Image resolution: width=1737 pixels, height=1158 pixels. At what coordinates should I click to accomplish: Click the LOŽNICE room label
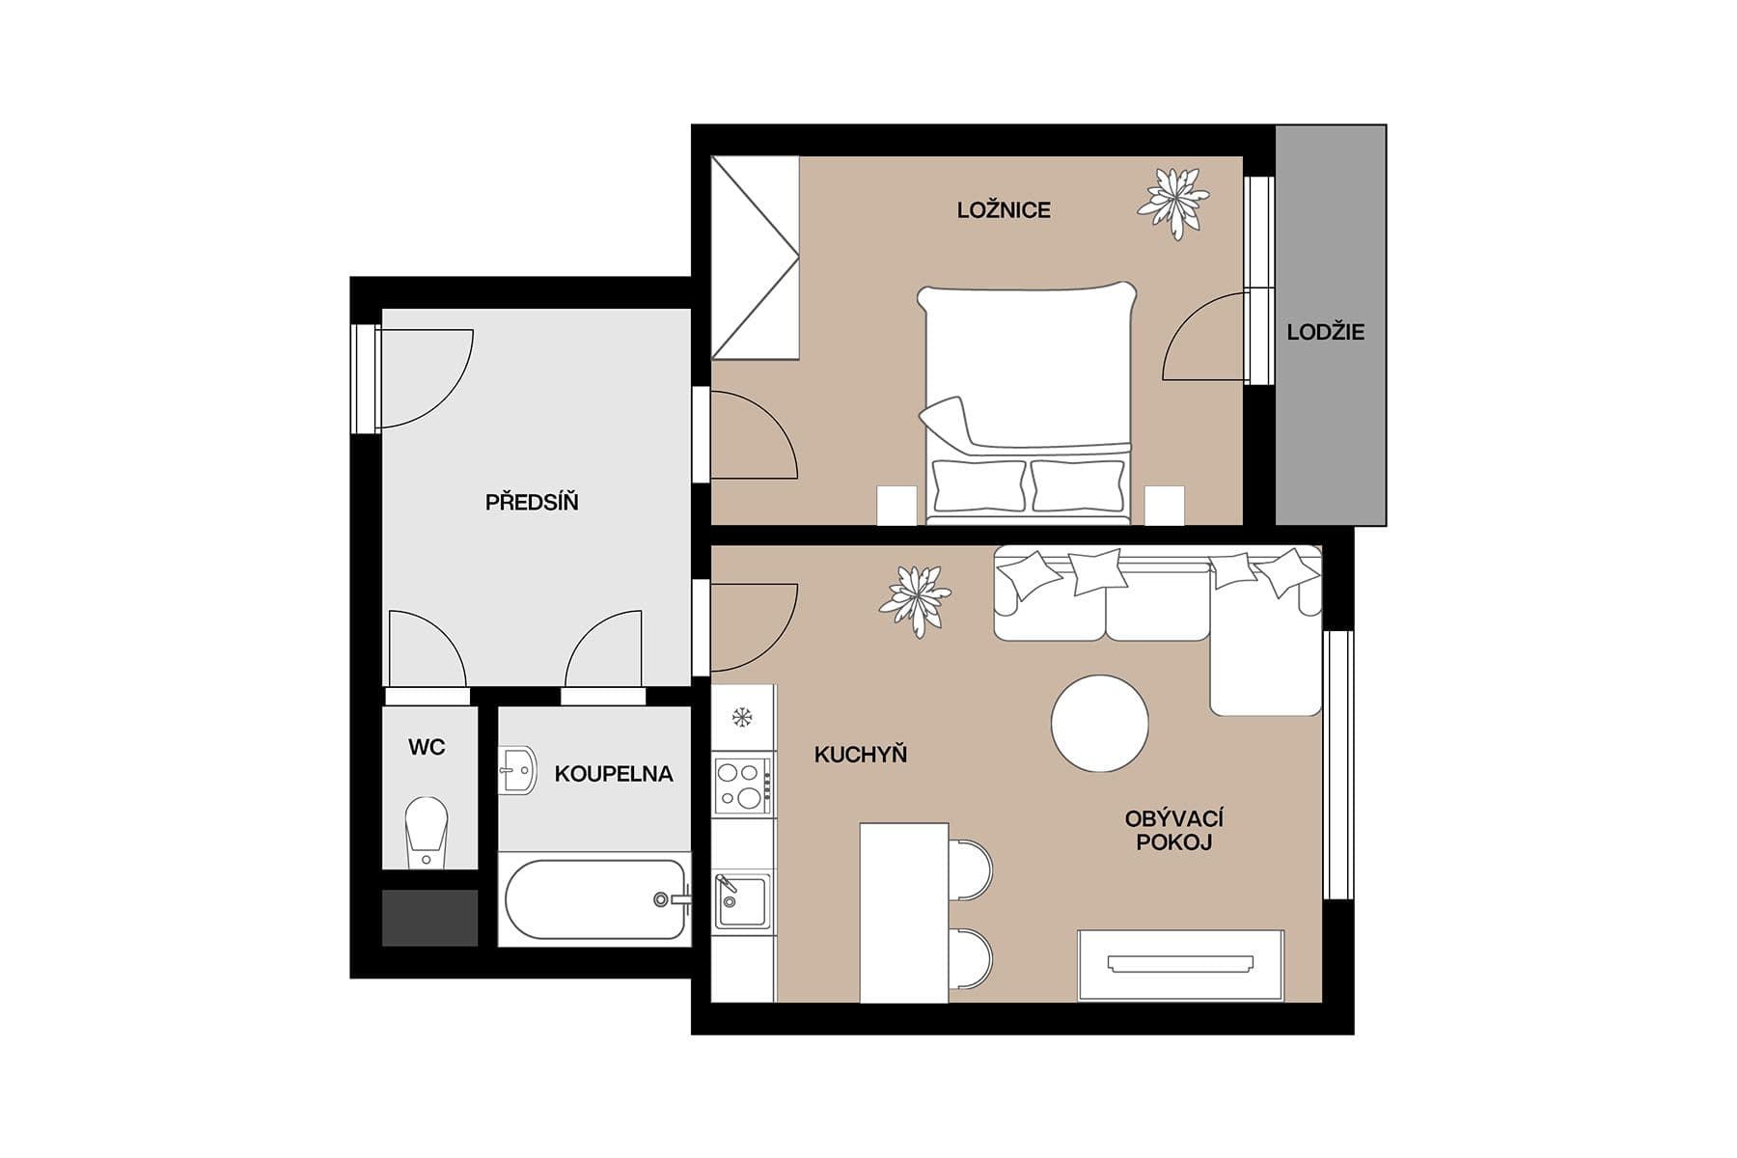pos(1004,210)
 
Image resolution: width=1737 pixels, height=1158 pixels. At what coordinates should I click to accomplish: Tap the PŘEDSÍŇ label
pos(532,502)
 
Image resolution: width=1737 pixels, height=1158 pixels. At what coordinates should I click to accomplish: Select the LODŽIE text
pos(1325,332)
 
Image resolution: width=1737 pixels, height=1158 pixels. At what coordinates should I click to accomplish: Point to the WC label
pos(427,747)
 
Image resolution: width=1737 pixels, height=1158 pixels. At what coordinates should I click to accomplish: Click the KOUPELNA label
pos(614,774)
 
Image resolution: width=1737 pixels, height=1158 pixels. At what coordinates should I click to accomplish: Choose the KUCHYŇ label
pos(861,755)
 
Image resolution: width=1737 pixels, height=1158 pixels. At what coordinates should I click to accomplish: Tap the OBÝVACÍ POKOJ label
pos(1173,830)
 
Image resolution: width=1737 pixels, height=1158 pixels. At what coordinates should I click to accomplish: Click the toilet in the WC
pos(427,830)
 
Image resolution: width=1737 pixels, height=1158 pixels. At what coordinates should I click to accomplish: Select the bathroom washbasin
pos(518,769)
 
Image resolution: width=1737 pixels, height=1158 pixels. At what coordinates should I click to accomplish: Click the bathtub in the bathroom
pos(595,899)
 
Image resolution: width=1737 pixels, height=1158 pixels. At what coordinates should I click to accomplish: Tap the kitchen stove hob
pos(742,785)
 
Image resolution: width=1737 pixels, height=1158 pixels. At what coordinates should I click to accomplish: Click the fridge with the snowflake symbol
pos(742,717)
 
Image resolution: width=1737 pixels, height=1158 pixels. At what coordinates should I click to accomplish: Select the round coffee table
pos(1100,723)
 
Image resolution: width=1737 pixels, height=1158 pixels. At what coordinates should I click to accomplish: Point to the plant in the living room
pos(915,599)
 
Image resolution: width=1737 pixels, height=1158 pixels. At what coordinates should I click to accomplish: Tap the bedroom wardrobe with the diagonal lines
pos(755,258)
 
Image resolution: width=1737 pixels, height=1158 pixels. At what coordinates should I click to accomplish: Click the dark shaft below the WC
pos(429,918)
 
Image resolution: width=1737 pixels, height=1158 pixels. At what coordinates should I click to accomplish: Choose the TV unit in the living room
pos(1180,964)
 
